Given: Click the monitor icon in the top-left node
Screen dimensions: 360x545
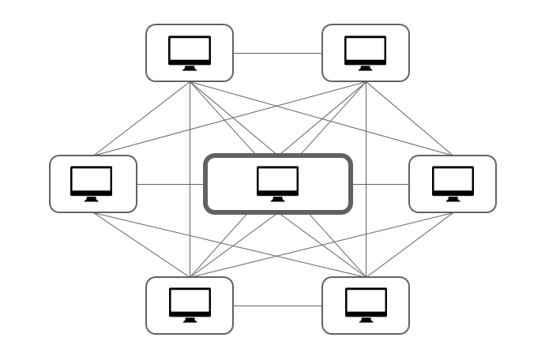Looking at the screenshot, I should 190,51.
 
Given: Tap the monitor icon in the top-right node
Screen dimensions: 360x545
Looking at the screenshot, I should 366,51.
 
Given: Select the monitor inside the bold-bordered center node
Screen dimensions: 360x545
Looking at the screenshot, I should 278,181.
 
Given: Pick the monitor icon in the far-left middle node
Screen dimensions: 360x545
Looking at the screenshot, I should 92,181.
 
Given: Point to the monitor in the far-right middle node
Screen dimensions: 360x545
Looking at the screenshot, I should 453,181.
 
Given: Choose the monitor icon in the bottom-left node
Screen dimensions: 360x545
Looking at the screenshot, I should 190,302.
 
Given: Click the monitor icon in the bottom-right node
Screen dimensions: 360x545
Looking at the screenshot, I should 366,302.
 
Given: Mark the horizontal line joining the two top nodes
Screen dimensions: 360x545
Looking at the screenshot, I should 277,54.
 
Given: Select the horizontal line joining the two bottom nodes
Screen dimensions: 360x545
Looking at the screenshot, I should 277,306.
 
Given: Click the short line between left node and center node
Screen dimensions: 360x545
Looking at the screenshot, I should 171,185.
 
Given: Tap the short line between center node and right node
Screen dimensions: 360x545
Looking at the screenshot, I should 380,185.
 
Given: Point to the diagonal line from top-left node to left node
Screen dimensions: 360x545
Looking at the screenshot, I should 142,118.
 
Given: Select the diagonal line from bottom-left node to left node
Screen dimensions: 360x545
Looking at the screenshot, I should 142,245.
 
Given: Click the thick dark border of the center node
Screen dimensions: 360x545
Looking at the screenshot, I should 277,156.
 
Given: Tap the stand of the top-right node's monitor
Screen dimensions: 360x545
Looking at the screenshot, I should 366,68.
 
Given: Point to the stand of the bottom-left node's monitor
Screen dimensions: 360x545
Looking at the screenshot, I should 190,320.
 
